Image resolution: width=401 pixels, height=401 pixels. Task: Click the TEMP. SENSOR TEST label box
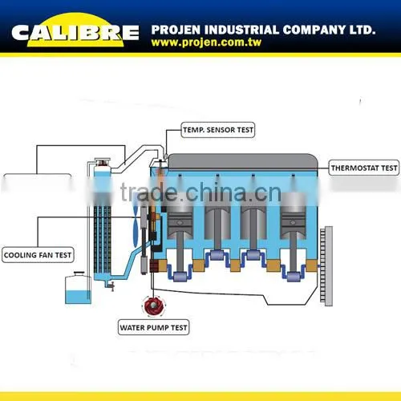pos(218,130)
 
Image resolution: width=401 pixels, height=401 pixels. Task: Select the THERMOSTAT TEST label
pos(364,168)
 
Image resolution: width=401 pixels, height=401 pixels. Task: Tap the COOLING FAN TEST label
pos(38,255)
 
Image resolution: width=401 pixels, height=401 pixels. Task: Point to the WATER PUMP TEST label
pos(153,327)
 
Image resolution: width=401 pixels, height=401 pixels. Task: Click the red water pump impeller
pos(153,305)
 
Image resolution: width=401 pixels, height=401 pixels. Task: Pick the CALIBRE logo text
pos(75,33)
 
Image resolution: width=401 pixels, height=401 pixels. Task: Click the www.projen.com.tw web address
pos(206,43)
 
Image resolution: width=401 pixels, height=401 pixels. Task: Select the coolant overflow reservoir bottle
pos(78,288)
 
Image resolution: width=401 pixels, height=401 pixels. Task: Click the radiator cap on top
pos(103,162)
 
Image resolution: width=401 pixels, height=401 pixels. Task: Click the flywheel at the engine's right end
pos(326,266)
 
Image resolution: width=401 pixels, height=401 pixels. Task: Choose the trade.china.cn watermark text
pos(200,192)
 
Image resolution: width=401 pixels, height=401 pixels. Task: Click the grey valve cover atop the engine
pos(242,162)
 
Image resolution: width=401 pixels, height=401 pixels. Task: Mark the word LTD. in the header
pos(363,30)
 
